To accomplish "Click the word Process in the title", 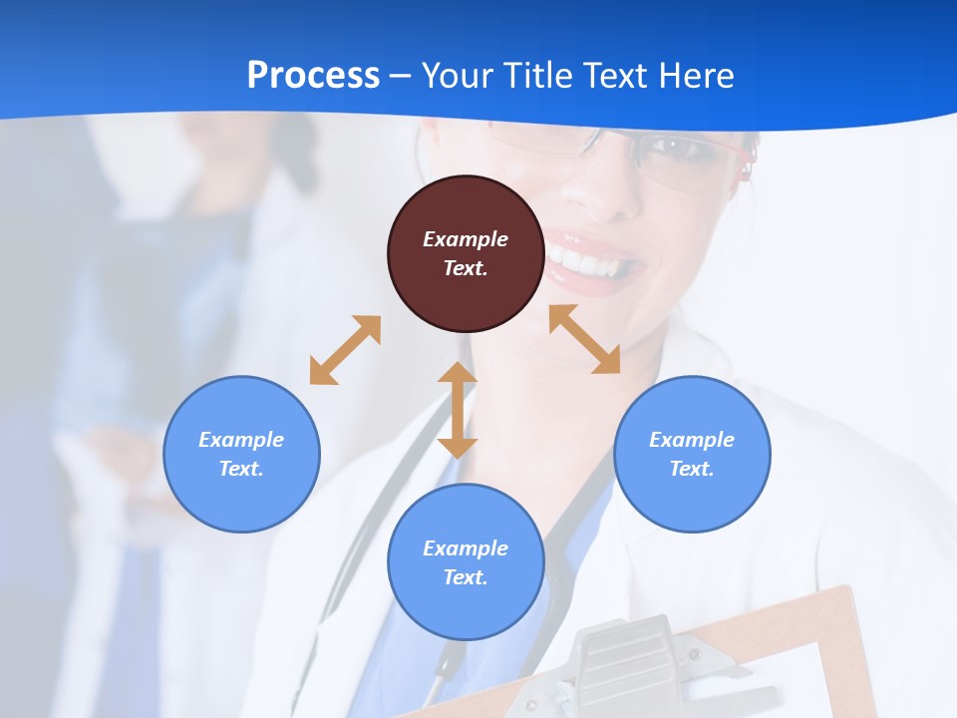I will click(313, 76).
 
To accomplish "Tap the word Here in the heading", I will click(695, 76).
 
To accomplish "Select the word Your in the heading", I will click(455, 76).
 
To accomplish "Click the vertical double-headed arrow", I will click(458, 410).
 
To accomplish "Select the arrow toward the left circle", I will click(345, 350).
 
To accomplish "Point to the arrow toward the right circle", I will click(585, 339).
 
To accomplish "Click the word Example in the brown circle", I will click(466, 239).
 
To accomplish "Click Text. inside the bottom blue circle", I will click(466, 577).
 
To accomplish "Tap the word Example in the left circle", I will click(241, 440).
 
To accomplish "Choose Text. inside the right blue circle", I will click(692, 469).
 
